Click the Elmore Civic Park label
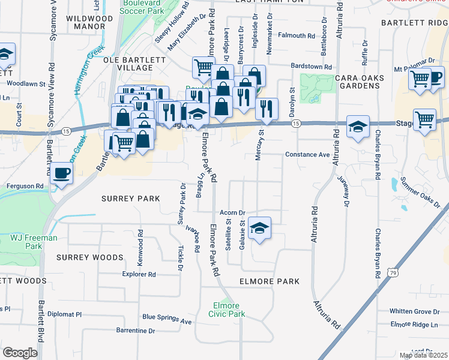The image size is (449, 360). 227,309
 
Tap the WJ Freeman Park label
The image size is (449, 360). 34,242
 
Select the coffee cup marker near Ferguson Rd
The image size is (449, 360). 61,174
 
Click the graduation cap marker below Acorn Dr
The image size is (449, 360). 260,229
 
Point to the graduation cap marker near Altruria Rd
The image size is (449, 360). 358,127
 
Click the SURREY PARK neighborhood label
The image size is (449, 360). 130,199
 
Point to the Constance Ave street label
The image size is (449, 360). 307,155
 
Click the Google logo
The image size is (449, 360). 20,353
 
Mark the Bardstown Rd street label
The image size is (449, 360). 311,67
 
